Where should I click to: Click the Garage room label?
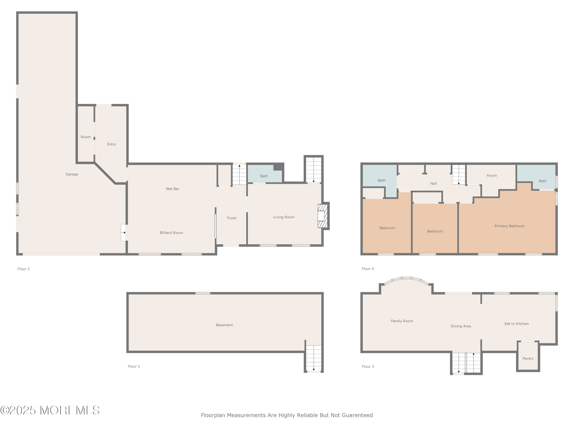72,174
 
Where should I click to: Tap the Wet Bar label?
173,189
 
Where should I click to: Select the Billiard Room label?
171,233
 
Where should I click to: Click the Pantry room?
528,356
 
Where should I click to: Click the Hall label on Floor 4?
433,183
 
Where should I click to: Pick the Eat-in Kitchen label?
516,324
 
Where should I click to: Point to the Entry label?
112,144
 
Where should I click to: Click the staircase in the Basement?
314,358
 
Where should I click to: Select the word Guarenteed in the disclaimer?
357,415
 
